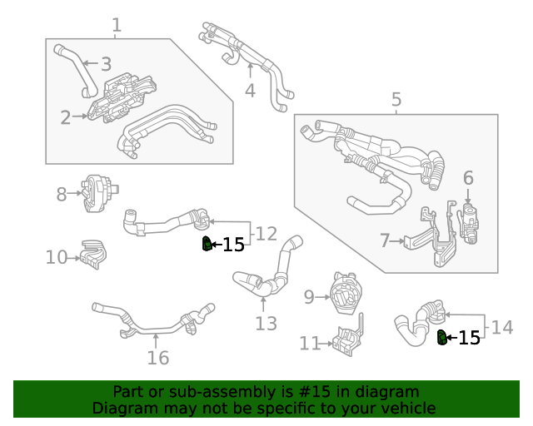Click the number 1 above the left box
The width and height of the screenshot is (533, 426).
tap(117, 25)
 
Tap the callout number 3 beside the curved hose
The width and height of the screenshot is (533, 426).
tap(106, 64)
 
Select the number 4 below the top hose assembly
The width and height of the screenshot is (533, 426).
tap(250, 91)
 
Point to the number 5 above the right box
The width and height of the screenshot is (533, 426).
tap(396, 101)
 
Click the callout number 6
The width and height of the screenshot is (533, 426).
tap(468, 177)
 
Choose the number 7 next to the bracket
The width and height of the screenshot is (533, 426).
tap(385, 241)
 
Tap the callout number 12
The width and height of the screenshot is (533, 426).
tap(266, 234)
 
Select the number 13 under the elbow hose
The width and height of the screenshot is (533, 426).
tap(266, 324)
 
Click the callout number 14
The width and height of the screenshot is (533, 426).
tap(502, 328)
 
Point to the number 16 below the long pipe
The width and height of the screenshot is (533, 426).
tap(157, 358)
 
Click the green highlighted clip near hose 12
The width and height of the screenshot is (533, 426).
tap(205, 244)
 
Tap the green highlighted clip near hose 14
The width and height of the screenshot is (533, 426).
tap(441, 336)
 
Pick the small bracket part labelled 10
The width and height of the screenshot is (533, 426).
tap(92, 254)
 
